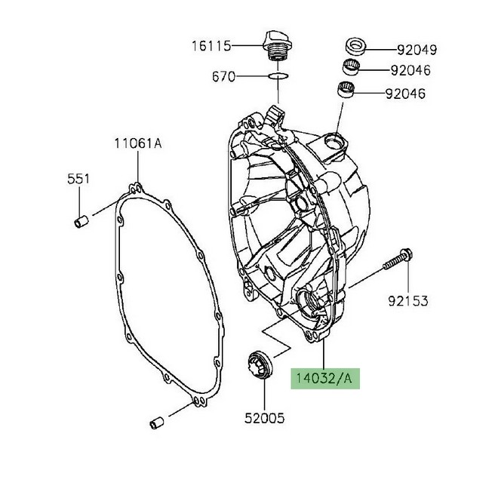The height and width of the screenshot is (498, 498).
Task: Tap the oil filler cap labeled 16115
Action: click(275, 46)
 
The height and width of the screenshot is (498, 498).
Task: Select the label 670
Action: click(225, 76)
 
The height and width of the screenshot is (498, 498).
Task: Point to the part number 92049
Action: click(417, 51)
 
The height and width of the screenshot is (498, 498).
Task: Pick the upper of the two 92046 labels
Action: click(417, 72)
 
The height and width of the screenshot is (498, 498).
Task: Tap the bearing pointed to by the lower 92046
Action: click(346, 93)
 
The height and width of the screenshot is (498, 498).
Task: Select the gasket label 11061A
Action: click(138, 143)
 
